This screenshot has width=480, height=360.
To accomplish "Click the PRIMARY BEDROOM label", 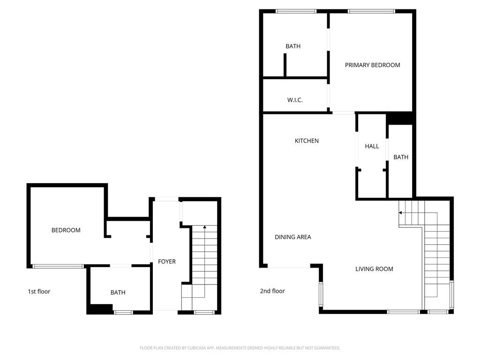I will (372, 65).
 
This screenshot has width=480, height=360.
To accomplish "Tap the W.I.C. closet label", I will (295, 100).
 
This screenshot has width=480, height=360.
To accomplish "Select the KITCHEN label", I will (307, 141).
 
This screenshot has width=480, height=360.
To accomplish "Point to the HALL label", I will (372, 146).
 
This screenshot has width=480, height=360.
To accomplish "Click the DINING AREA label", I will (292, 237).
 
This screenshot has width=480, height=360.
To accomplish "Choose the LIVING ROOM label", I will (374, 269).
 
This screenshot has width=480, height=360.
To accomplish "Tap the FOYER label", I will (166, 262).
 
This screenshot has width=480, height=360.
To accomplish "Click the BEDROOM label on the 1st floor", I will (66, 230).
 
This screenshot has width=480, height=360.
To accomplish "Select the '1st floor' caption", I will (39, 292).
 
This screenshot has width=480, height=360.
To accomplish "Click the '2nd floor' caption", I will (272, 291).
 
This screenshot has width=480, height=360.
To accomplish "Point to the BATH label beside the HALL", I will (401, 157).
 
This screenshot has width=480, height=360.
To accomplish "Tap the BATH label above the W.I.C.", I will (293, 46).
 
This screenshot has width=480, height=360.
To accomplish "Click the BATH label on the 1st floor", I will (118, 292).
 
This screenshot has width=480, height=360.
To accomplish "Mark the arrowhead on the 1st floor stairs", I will (204, 227).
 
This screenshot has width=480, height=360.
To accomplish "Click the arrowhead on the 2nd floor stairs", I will (401, 212).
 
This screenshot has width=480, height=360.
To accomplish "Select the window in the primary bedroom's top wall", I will (372, 11).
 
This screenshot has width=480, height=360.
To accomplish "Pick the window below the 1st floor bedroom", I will (58, 266).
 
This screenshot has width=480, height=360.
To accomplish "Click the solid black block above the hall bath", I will (400, 119).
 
